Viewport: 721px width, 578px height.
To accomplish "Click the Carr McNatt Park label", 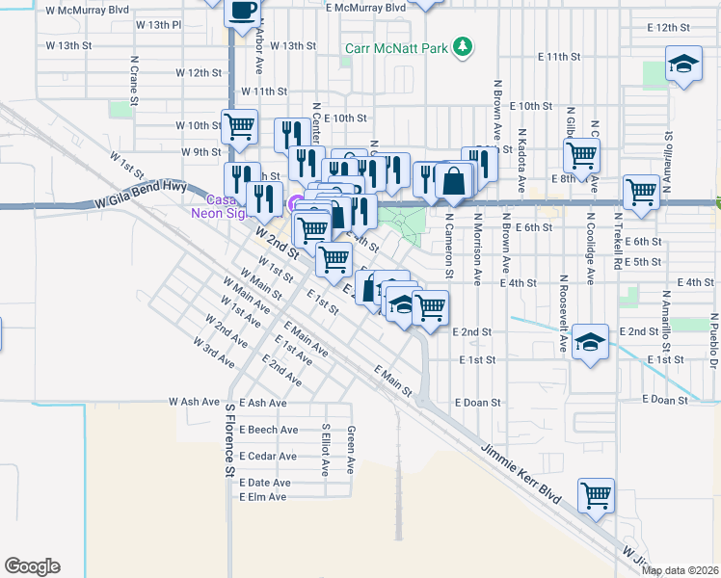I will tap(399, 46).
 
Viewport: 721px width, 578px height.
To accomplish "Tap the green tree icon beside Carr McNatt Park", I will tap(464, 45).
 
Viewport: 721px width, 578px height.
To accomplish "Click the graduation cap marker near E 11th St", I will tap(683, 66).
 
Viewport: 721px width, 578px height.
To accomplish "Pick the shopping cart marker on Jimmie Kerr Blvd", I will tap(596, 496).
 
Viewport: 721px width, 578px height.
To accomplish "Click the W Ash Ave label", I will tap(201, 402).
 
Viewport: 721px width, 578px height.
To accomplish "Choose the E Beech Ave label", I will tap(269, 430).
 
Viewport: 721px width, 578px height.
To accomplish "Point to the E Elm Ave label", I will tap(263, 497).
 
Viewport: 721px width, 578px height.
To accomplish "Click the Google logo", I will tap(32, 566).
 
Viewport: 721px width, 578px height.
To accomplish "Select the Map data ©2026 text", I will tap(680, 570).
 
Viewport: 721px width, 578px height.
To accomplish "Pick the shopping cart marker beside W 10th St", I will tap(238, 124).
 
